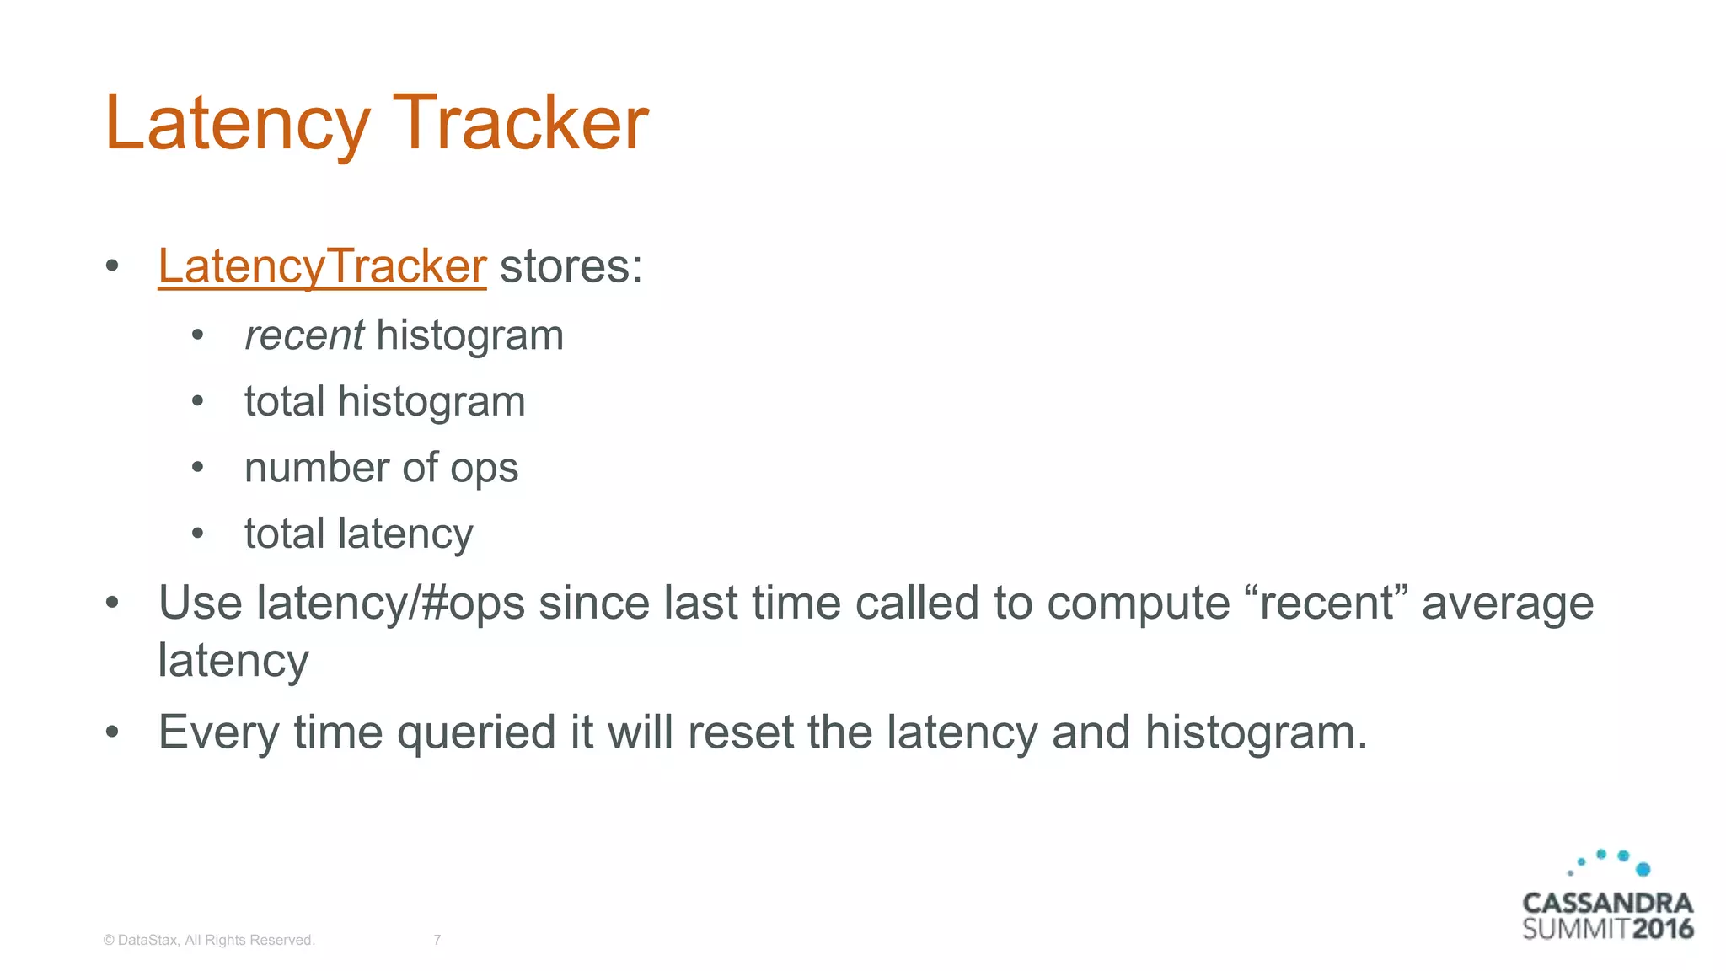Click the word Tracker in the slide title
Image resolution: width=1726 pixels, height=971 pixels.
pyautogui.click(x=520, y=123)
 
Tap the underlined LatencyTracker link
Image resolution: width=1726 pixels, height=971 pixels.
pyautogui.click(x=322, y=266)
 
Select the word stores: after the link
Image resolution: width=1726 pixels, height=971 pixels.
pyautogui.click(x=571, y=266)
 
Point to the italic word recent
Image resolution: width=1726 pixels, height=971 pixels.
pyautogui.click(x=303, y=335)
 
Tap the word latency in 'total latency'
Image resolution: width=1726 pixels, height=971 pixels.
pyautogui.click(x=405, y=534)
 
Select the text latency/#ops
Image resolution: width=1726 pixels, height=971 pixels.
pyautogui.click(x=391, y=604)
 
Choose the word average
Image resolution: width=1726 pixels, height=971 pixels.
pyautogui.click(x=1508, y=604)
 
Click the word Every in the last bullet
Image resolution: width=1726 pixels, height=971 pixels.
pyautogui.click(x=218, y=732)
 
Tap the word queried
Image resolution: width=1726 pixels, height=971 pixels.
pyautogui.click(x=476, y=732)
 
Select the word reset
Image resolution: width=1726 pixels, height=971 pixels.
pyautogui.click(x=740, y=732)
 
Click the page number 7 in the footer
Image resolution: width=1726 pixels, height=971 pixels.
pyautogui.click(x=437, y=940)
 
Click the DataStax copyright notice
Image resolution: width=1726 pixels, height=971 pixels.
pyautogui.click(x=208, y=940)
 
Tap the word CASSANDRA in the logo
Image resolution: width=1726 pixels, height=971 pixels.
pyautogui.click(x=1607, y=904)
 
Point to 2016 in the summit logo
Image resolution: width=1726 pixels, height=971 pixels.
pyautogui.click(x=1662, y=929)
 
